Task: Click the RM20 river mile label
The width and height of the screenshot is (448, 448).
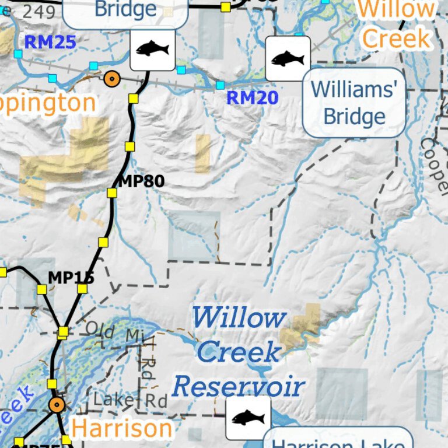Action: (x=252, y=97)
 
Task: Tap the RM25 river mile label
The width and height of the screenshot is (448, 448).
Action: (x=50, y=41)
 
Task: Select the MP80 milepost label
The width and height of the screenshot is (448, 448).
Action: (x=141, y=181)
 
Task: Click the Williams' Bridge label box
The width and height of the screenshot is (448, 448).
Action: (x=354, y=103)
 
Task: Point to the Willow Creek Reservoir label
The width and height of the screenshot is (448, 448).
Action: (x=239, y=352)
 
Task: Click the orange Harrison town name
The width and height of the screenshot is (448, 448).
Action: (x=122, y=429)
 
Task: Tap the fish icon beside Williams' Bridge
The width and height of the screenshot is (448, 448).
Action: (x=288, y=58)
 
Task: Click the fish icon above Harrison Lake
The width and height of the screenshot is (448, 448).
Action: (x=248, y=418)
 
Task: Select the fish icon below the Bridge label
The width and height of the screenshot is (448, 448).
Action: (x=152, y=48)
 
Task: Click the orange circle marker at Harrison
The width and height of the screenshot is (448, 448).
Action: (x=57, y=405)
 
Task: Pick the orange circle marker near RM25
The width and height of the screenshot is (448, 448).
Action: (x=111, y=78)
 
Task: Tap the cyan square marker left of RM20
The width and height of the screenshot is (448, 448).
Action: (x=220, y=85)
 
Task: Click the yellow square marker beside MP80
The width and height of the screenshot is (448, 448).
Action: (x=112, y=192)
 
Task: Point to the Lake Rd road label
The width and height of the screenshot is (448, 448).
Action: (x=131, y=401)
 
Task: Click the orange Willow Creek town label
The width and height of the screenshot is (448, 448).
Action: (x=397, y=24)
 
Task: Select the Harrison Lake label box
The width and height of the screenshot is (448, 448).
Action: (x=338, y=440)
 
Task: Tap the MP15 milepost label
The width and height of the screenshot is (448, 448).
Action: (x=71, y=277)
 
